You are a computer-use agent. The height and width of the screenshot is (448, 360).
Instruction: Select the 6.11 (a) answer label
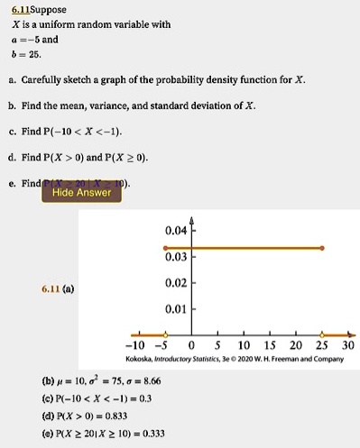point(57,288)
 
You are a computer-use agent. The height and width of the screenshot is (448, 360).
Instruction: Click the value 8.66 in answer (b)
point(146,380)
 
